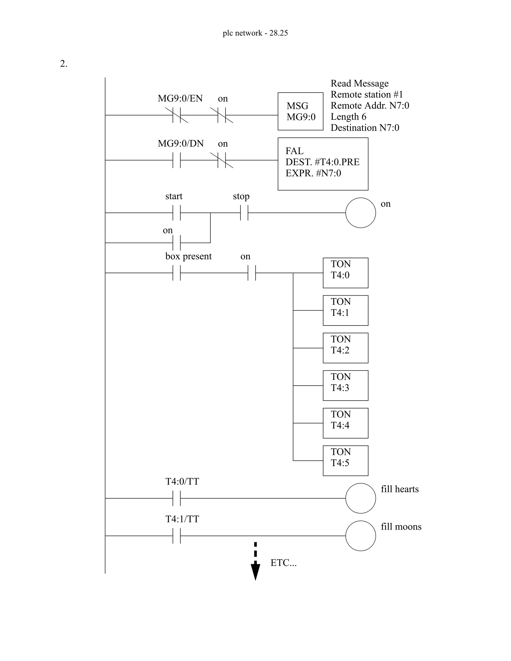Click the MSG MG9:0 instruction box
300,111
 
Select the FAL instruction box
323,164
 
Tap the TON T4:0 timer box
345,273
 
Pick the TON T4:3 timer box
345,385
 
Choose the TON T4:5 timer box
345,460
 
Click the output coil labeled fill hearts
361,498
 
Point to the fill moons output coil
361,535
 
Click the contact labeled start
176,213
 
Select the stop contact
244,213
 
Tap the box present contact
176,273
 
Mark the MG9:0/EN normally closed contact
176,115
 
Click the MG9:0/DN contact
176,160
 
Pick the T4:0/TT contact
176,498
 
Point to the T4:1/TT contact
176,535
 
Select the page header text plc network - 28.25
255,33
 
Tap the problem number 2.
64,64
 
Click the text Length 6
348,116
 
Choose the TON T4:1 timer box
345,310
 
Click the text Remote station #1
367,95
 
